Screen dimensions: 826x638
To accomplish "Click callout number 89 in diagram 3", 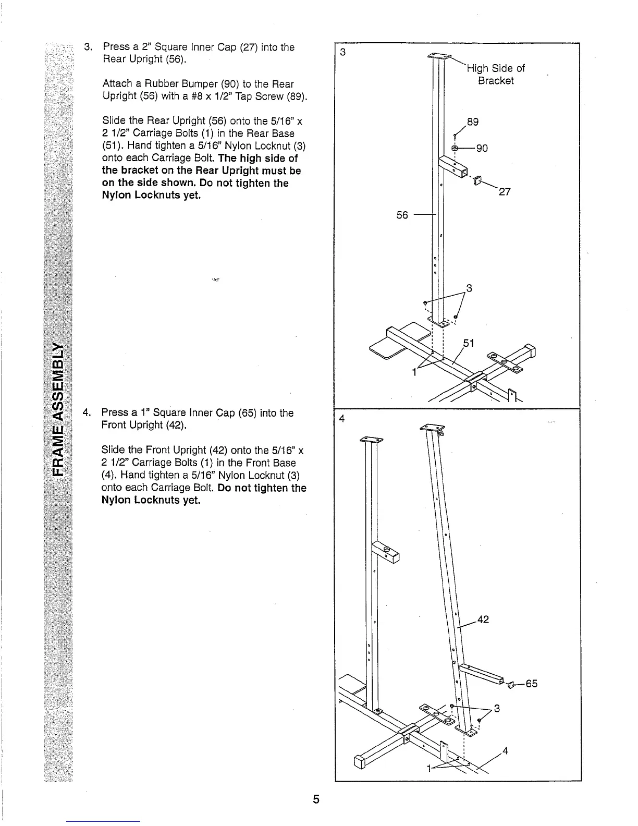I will click(472, 122).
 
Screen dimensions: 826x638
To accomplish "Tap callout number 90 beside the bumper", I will click(482, 149).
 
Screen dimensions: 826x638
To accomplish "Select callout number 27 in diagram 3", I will click(505, 192).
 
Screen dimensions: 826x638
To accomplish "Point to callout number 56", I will click(402, 215).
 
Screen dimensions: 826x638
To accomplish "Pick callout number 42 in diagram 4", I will click(483, 620).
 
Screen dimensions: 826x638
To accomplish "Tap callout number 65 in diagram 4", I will click(531, 684).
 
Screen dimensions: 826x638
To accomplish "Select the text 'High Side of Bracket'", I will click(496, 75).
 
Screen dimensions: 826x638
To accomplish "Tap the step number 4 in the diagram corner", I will click(342, 419).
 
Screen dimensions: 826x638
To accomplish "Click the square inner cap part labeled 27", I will click(476, 180).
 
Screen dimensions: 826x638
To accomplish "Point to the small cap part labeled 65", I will click(511, 684).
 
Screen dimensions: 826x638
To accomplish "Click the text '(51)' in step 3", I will click(113, 145).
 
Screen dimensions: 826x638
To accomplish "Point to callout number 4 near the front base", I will click(505, 751).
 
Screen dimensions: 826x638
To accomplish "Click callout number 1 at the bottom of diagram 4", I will click(430, 769).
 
